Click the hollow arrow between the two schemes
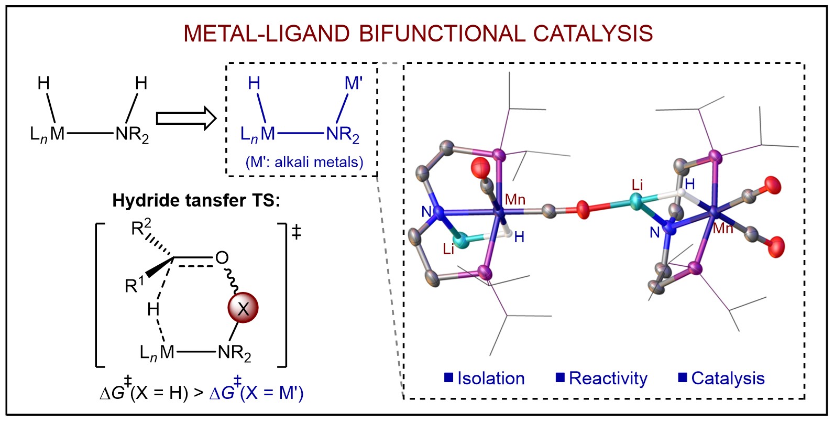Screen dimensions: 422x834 (x=186, y=118)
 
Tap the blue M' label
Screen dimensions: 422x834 (x=354, y=83)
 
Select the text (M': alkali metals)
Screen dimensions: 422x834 (x=304, y=162)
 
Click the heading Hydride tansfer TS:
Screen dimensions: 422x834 (x=196, y=200)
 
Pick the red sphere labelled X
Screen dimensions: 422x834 (x=243, y=308)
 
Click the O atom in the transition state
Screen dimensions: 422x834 (x=222, y=257)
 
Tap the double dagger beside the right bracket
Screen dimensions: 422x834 (x=297, y=232)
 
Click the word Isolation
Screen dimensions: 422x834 (x=491, y=378)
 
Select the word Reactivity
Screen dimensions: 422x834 (x=608, y=378)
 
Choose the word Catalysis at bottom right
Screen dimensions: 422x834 (x=728, y=378)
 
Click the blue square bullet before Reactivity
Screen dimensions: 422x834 (x=560, y=377)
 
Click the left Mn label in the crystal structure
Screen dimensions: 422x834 (x=515, y=199)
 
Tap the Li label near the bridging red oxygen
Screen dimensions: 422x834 (x=637, y=185)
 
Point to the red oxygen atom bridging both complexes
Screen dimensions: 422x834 (x=583, y=210)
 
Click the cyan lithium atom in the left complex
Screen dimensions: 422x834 (x=462, y=241)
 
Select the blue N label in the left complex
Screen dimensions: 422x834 (x=426, y=212)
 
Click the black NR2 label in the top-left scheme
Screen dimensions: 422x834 (x=132, y=135)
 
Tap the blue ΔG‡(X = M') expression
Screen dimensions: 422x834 (x=257, y=392)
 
